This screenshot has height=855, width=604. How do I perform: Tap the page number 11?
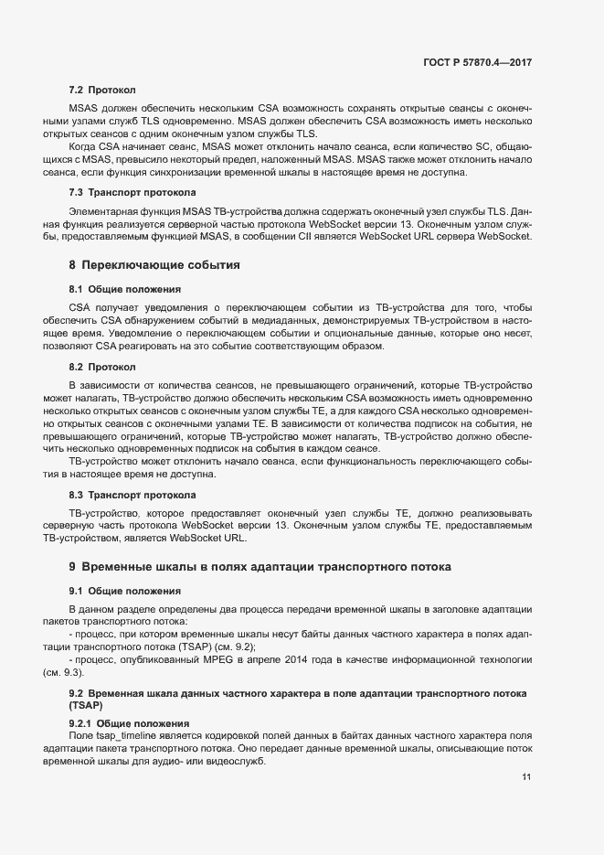(x=526, y=777)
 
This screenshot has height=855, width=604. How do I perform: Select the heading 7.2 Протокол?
(x=102, y=91)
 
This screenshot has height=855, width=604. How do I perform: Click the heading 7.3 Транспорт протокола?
(x=132, y=192)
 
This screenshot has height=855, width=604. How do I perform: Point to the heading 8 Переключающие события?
(x=154, y=265)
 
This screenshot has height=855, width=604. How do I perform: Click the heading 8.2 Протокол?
(x=102, y=367)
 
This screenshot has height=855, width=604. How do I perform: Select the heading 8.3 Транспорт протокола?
(x=132, y=495)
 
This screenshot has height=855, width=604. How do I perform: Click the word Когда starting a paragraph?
(x=84, y=146)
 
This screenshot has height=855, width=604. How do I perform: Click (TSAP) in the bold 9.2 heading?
(x=85, y=707)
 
